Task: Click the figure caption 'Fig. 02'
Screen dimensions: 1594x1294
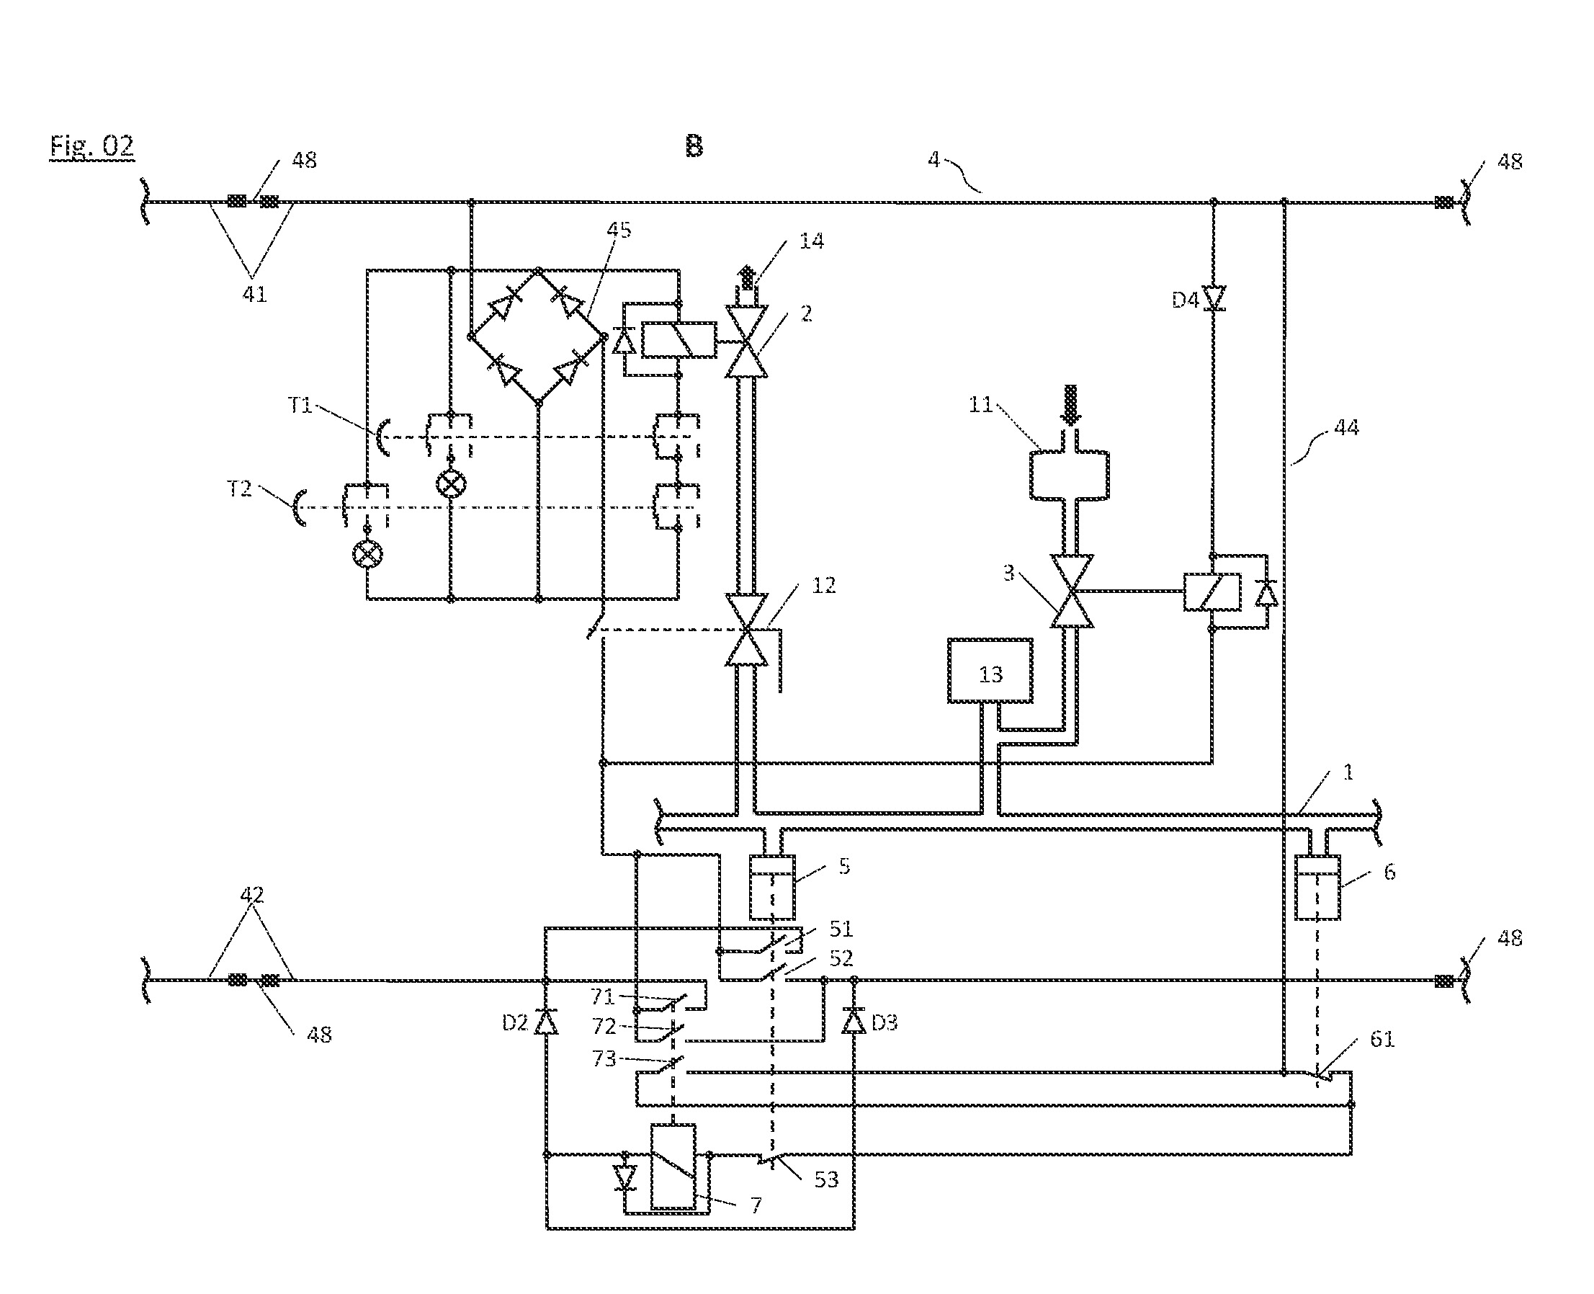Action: pos(91,146)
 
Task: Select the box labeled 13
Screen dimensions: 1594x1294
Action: pos(990,670)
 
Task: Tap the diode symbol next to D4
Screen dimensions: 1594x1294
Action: pos(1213,299)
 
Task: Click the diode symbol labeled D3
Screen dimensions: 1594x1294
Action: pos(854,1020)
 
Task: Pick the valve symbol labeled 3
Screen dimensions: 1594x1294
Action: pos(1072,591)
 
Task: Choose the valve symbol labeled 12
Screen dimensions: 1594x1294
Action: pos(747,630)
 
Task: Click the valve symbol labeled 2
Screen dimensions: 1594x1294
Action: pos(747,342)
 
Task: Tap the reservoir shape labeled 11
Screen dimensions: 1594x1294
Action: pos(1070,474)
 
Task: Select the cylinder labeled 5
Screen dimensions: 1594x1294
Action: pos(772,887)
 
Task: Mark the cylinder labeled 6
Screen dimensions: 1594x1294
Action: pos(1317,887)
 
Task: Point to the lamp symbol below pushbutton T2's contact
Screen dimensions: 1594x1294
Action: pos(367,554)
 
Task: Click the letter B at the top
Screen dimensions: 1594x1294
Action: pos(694,146)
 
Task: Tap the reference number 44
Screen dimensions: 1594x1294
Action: pos(1346,427)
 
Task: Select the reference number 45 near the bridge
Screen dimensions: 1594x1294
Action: pos(619,230)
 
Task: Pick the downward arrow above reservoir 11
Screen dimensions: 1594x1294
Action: pos(1070,405)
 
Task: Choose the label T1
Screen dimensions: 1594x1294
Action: pos(300,405)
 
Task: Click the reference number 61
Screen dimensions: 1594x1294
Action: pos(1382,1038)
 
